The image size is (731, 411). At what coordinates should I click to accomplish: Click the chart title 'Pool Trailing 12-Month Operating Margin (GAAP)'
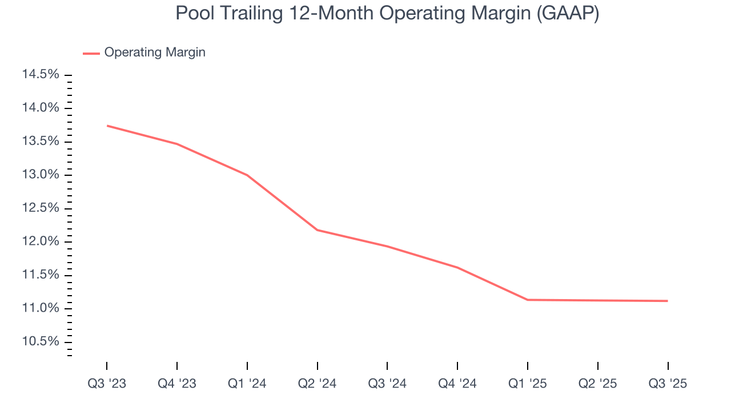(x=387, y=13)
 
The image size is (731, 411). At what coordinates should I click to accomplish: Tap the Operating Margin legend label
(x=155, y=53)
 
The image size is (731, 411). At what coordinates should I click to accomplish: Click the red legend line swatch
(x=91, y=53)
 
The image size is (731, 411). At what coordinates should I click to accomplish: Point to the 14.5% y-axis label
(x=41, y=75)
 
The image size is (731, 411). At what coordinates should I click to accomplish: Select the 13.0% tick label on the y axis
(x=41, y=175)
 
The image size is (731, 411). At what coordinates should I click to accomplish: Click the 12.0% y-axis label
(x=41, y=241)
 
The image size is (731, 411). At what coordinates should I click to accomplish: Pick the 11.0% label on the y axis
(x=41, y=308)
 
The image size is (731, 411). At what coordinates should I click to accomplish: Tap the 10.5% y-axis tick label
(x=41, y=341)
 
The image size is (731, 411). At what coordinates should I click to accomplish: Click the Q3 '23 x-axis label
(x=107, y=384)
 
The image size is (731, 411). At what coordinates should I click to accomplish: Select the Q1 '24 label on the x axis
(x=247, y=384)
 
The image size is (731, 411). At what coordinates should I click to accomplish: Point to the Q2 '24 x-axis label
(x=317, y=384)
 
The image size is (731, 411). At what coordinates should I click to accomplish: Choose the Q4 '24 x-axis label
(x=457, y=384)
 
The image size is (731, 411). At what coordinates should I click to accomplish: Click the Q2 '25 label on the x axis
(x=597, y=384)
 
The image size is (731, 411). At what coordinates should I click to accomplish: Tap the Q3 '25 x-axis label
(x=668, y=384)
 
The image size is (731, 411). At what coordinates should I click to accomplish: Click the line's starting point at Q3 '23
(x=107, y=126)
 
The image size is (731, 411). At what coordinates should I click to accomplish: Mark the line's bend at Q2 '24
(x=317, y=230)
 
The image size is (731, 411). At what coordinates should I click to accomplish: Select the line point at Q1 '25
(x=528, y=300)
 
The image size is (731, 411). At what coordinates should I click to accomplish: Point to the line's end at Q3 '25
(x=667, y=301)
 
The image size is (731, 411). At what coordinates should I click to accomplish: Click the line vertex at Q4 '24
(x=457, y=267)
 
